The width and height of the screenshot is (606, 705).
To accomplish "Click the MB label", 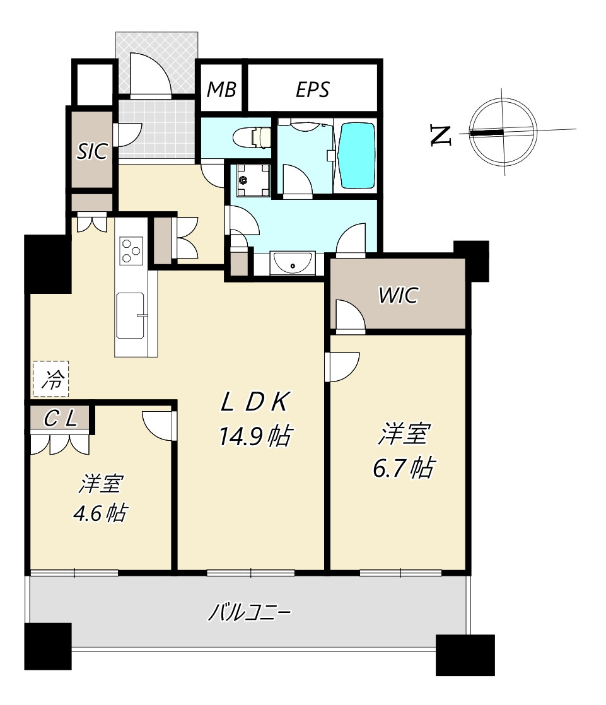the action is point(221,90).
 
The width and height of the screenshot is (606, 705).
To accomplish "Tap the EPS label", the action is point(312,90).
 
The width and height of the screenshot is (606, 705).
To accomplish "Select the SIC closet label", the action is point(92,151).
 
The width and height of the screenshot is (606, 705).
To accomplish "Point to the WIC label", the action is point(399,295).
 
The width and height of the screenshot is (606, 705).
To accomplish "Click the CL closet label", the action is point(61,419).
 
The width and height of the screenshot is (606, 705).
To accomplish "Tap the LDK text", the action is point(255,402).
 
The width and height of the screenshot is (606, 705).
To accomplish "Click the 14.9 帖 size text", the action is point(256,436).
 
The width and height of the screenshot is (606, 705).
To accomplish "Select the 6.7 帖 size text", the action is point(403,468).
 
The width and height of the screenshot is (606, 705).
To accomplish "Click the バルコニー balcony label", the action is point(250,612).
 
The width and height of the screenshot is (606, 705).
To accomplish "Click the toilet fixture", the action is point(253,137).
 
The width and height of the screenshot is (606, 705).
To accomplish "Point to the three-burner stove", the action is point(131,250).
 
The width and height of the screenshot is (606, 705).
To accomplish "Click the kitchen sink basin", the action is point(131,316).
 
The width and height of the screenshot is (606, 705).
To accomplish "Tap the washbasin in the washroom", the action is point(292,262).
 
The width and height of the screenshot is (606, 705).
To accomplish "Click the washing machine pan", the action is point(253,180).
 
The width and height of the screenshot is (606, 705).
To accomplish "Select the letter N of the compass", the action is point(441,136).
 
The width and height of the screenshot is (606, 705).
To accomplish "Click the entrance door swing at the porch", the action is point(151,74).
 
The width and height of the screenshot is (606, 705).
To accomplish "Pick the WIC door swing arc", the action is point(351,317).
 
